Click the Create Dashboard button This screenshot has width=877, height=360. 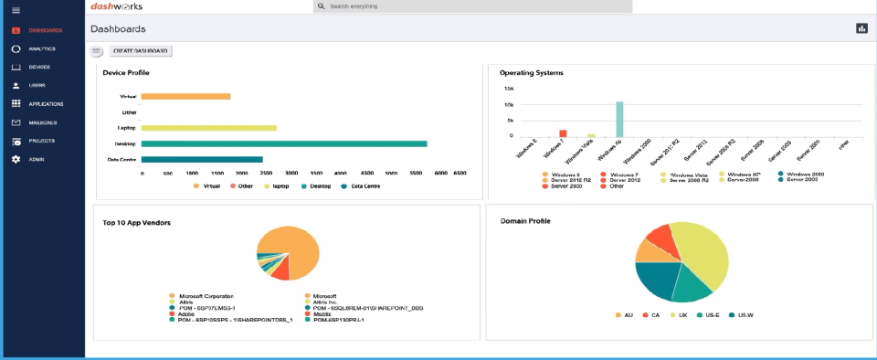tap(141, 51)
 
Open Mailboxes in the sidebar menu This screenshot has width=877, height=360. tap(43, 122)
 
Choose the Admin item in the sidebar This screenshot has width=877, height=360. tap(37, 159)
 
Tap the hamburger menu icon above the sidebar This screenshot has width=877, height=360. tap(16, 10)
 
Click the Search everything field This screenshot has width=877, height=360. tap(471, 6)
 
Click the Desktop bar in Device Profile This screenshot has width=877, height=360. tap(284, 143)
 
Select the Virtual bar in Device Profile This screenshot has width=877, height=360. tap(185, 96)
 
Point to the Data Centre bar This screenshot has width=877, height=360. tap(202, 160)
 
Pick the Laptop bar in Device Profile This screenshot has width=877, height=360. tap(208, 128)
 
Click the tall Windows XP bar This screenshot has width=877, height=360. tap(619, 119)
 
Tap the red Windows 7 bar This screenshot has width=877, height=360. tap(564, 133)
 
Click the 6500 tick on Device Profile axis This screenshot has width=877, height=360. tap(460, 173)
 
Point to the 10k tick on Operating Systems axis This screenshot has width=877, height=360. tap(509, 89)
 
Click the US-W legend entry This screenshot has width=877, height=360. tap(744, 314)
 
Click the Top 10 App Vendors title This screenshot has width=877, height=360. tap(137, 222)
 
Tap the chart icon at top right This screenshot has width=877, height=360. tap(861, 28)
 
